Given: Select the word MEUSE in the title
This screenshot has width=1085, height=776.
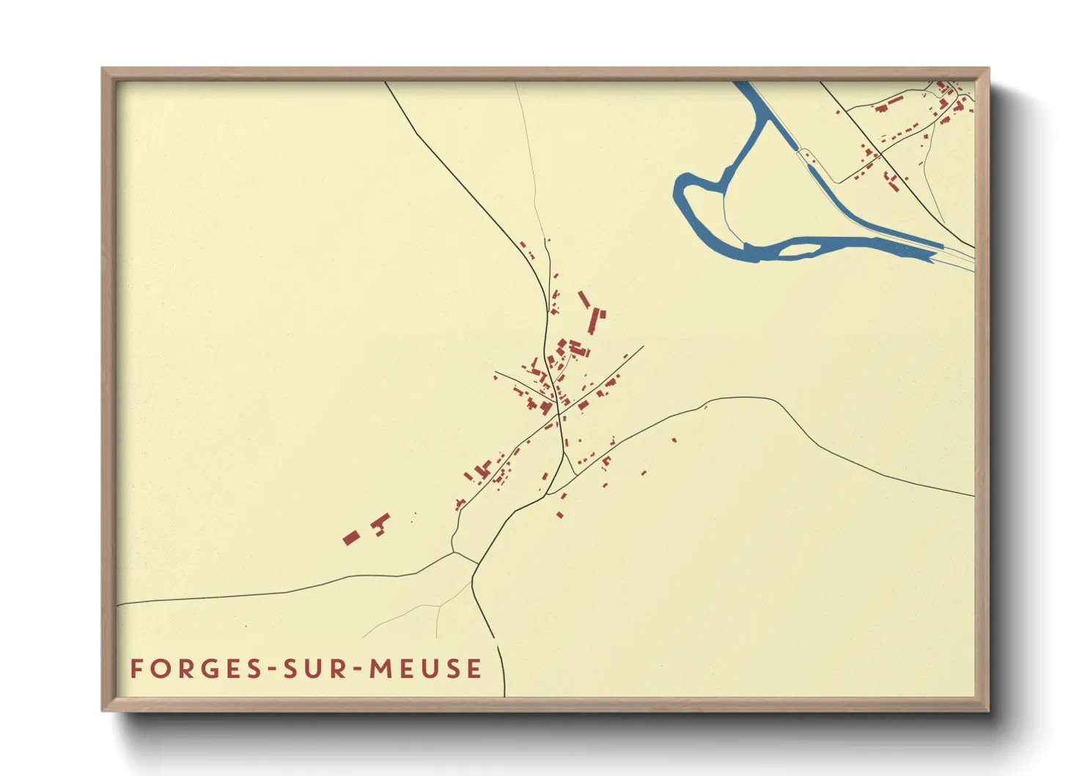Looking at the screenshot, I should click(x=425, y=669).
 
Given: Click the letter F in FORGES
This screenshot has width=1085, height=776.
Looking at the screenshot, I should click(x=136, y=669).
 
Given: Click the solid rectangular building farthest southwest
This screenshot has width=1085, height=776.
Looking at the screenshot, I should click(x=350, y=538).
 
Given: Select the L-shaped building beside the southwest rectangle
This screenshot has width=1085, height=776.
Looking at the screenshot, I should click(x=380, y=523).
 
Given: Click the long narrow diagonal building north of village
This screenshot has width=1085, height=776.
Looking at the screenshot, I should click(x=584, y=300).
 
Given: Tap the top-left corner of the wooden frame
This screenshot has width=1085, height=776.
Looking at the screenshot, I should click(x=103, y=69).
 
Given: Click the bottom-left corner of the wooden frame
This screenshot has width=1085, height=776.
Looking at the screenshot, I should click(x=103, y=710).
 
